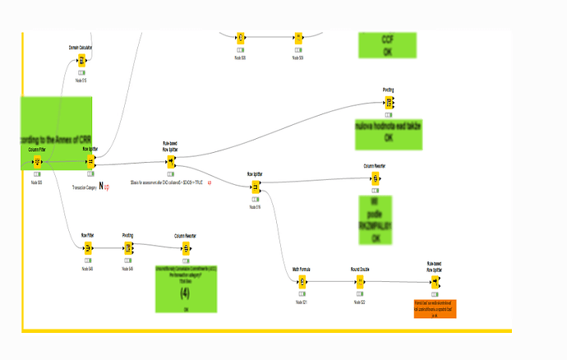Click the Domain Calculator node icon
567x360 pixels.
point(81,60)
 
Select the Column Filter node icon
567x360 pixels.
point(38,162)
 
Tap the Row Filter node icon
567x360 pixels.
point(88,250)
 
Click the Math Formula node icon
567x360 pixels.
point(302,283)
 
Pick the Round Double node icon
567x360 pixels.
point(359,283)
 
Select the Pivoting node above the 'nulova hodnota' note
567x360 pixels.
point(389,103)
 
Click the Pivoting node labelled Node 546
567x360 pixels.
point(128,250)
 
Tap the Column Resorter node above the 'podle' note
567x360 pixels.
point(375,180)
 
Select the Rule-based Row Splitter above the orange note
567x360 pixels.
point(435,283)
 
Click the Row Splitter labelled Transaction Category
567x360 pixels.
point(90,162)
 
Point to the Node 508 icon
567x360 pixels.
point(241,38)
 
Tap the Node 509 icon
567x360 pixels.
point(298,38)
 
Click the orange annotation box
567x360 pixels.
point(434,308)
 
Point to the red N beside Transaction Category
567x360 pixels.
point(102,187)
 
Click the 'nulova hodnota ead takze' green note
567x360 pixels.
point(389,132)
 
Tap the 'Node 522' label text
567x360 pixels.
point(359,302)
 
